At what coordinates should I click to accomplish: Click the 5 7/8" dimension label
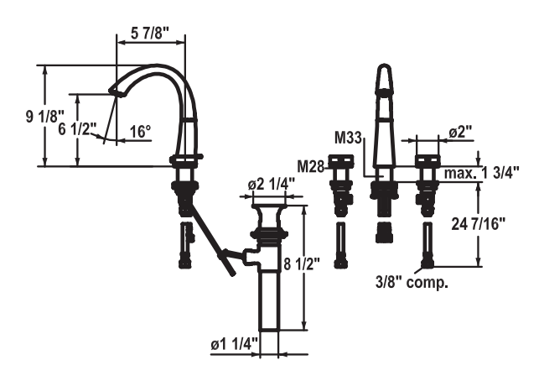pos(151,34)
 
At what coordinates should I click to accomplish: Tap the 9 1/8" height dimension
pos(19,117)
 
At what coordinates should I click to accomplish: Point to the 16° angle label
pos(140,131)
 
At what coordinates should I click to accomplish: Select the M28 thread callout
pos(311,165)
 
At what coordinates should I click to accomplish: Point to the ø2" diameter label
pos(460,133)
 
